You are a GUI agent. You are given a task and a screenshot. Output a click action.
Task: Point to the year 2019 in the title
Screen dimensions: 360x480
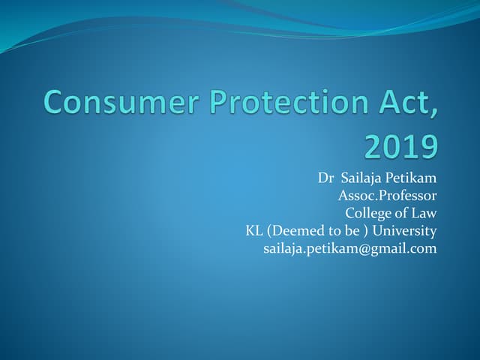(x=400, y=147)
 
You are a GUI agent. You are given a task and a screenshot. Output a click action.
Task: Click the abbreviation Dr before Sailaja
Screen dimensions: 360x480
(x=325, y=178)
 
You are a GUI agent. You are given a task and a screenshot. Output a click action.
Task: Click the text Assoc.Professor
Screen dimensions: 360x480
(x=387, y=196)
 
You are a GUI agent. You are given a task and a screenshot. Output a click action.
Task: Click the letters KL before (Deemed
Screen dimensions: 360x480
(x=254, y=231)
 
